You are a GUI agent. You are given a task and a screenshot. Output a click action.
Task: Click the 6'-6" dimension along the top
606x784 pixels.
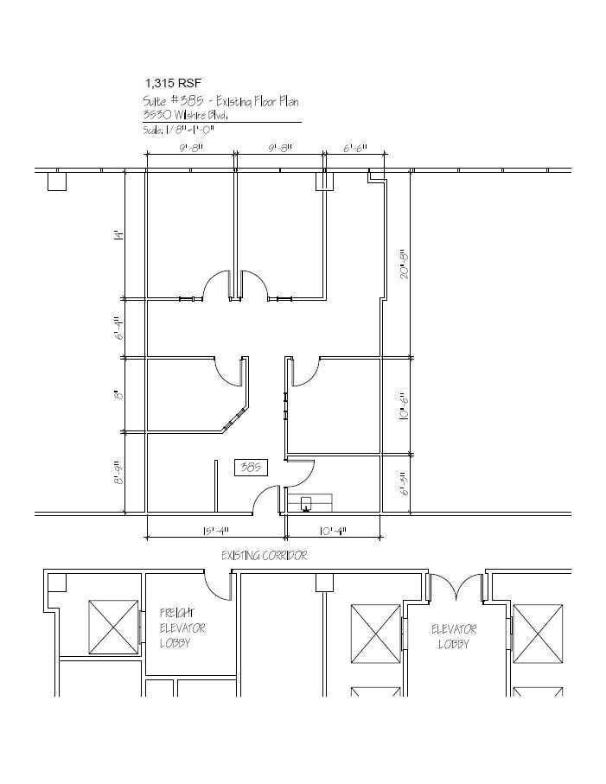point(354,149)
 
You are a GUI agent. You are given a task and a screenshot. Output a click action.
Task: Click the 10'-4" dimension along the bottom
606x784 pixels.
point(332,531)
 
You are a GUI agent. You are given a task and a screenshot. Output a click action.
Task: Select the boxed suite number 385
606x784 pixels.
point(252,468)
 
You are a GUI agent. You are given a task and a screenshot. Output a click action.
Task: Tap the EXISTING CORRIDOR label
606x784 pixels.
point(264,555)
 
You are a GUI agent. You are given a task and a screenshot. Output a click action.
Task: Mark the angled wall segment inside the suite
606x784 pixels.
point(233,421)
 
